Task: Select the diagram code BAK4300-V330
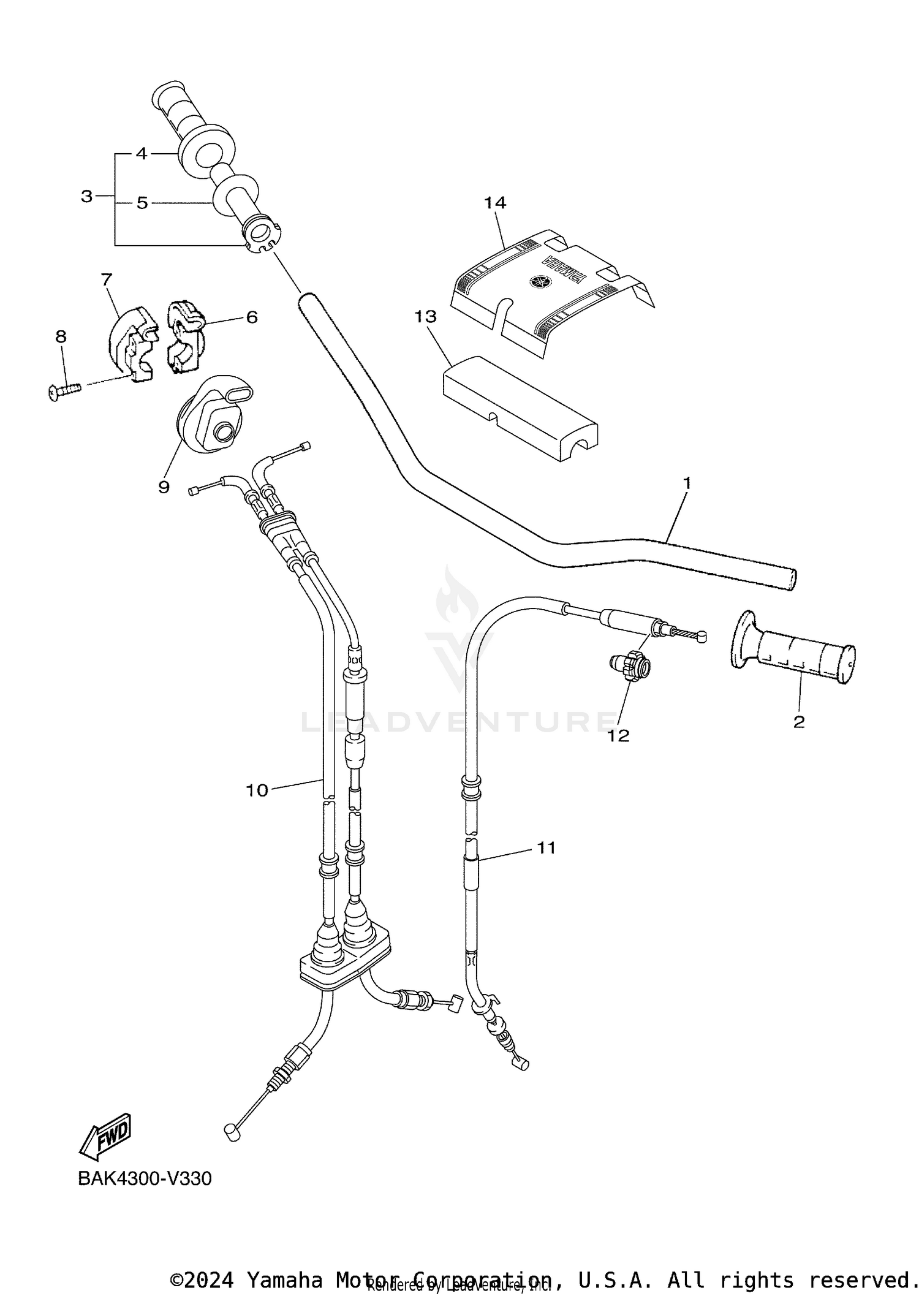tap(145, 1179)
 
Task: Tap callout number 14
tap(495, 202)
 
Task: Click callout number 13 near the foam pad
tap(425, 317)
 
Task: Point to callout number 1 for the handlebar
tap(687, 483)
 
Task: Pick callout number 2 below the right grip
tap(798, 722)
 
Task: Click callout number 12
tap(618, 735)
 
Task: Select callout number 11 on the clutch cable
tap(546, 848)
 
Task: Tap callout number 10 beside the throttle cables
tap(257, 790)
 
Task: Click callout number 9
tap(164, 487)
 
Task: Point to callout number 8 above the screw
tap(61, 336)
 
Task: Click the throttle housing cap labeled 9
tap(211, 414)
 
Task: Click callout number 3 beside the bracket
tap(86, 197)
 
